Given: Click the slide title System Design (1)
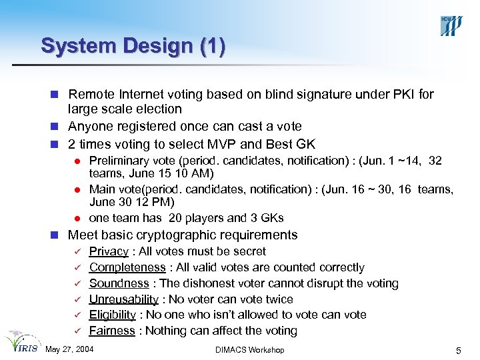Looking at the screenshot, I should (133, 46).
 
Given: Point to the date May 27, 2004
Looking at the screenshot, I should (69, 350).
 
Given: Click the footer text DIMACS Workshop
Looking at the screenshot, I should (250, 350).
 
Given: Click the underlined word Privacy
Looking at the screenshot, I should (109, 251).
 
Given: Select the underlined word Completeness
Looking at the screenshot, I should (127, 267).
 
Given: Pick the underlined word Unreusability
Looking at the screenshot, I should (124, 299).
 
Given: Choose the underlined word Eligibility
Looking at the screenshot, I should (113, 315).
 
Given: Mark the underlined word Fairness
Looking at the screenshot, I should (112, 331).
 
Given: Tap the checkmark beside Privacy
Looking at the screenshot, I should (77, 252).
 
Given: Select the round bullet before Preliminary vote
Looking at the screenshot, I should (77, 161).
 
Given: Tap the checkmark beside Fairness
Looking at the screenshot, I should (77, 331).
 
